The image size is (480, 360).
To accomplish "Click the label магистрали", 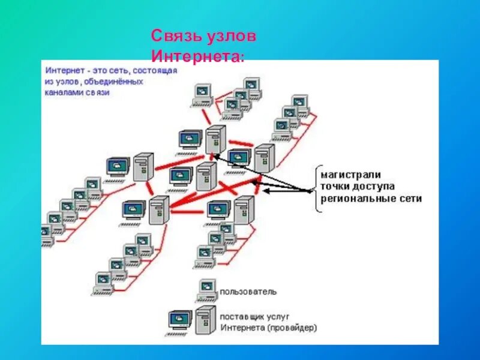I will pyautogui.click(x=350, y=175).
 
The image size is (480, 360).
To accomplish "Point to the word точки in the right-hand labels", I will pyautogui.click(x=335, y=187).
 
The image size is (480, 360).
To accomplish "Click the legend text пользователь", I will pyautogui.click(x=248, y=292).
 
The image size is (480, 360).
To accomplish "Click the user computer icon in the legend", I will pyautogui.click(x=207, y=289).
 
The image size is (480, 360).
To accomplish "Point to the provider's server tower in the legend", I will pyautogui.click(x=205, y=320).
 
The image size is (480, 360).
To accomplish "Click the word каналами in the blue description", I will pyautogui.click(x=64, y=94).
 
